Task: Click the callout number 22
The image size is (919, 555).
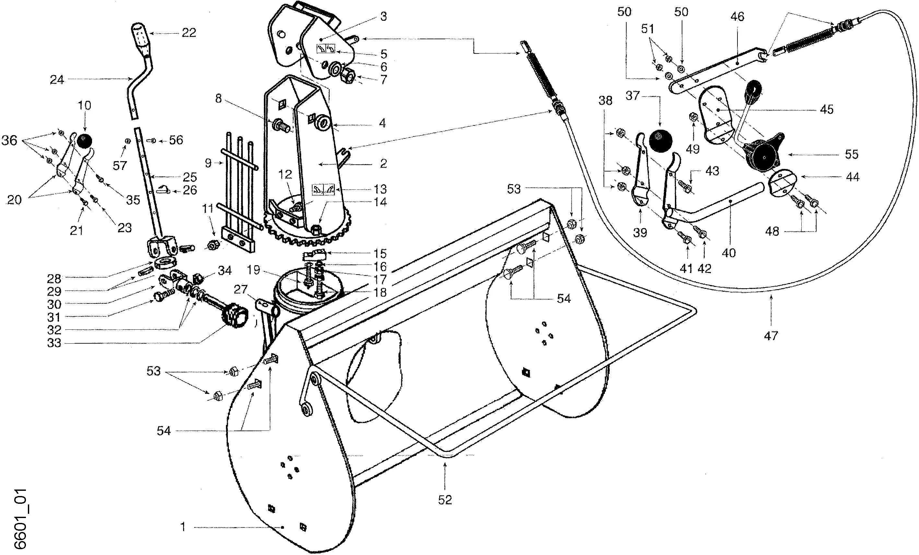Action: [x=189, y=33]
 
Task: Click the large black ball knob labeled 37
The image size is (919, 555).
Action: [x=661, y=141]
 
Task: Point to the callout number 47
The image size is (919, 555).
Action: [x=771, y=336]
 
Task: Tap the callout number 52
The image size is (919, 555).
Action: [x=445, y=500]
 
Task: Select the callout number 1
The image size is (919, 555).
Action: [x=183, y=527]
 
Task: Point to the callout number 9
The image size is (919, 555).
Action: [x=208, y=163]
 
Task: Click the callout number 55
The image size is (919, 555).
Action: [x=852, y=154]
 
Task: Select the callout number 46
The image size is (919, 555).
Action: [x=737, y=17]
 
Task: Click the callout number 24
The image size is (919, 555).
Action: [x=57, y=79]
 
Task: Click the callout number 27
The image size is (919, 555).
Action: [x=241, y=289]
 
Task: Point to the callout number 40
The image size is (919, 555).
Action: [x=729, y=253]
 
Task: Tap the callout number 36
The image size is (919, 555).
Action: [x=9, y=141]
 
